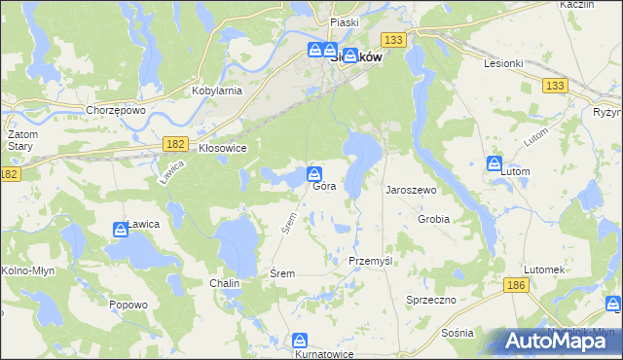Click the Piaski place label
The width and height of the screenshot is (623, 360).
click(345, 21)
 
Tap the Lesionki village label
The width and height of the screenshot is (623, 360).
click(504, 63)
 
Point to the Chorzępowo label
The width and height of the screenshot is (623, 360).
click(115, 110)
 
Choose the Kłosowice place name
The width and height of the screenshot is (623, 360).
click(222, 148)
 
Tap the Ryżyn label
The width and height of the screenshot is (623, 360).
click(607, 112)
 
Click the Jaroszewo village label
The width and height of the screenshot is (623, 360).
click(411, 191)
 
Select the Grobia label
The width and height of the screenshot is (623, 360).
click(433, 219)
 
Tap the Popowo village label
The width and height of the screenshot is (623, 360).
click(128, 305)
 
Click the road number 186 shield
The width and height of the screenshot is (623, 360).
click(516, 285)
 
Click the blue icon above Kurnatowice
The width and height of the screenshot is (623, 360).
click(300, 342)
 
